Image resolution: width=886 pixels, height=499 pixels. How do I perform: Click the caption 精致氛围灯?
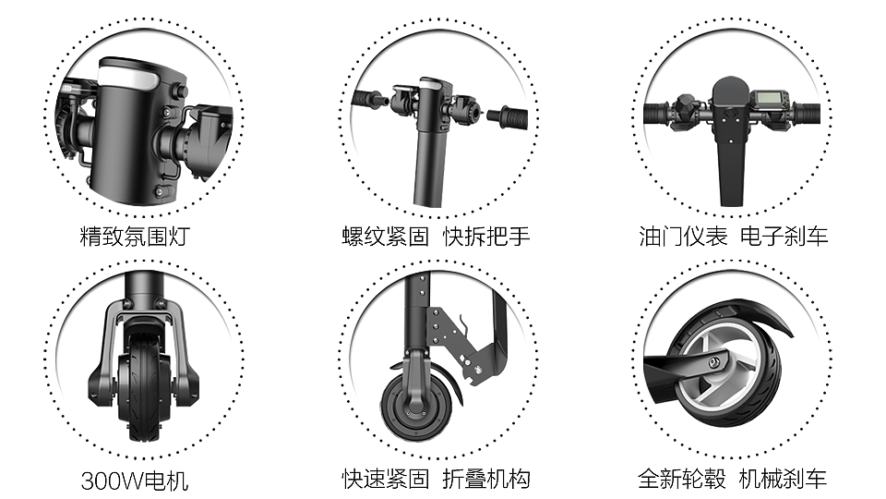coord(135,237)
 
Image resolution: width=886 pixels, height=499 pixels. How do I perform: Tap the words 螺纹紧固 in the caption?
coord(386,237)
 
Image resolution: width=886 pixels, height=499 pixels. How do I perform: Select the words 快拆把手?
coord(486,237)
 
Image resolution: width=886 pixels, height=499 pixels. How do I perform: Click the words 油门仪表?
coord(683,237)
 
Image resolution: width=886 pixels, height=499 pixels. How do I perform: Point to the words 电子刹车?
coord(784,237)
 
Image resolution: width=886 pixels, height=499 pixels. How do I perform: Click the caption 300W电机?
coord(135,481)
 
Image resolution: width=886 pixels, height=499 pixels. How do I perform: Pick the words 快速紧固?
coord(386,480)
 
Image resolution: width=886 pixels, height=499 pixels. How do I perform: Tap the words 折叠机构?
coord(486,480)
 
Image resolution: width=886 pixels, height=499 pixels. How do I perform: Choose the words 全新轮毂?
coord(682,480)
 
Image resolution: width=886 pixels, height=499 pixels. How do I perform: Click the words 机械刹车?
coord(784,480)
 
